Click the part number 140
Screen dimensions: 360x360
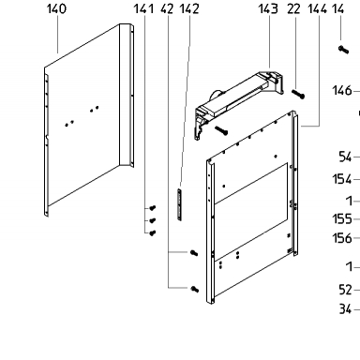[x=56, y=8]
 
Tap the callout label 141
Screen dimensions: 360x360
[x=143, y=8]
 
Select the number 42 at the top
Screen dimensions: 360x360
[x=167, y=8]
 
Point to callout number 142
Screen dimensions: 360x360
[x=189, y=8]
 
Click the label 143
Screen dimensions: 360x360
[x=268, y=8]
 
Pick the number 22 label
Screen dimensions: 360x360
[x=293, y=8]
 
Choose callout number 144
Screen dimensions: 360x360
[x=317, y=8]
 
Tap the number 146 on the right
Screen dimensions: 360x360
[x=342, y=91]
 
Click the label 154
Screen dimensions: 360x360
[x=342, y=179]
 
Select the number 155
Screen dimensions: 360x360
[x=342, y=219]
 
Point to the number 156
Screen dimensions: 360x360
[x=342, y=238]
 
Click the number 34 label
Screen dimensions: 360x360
[x=345, y=309]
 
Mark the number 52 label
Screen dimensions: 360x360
[x=345, y=290]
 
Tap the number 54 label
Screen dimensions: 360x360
[x=345, y=157]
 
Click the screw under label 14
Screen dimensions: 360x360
[x=343, y=50]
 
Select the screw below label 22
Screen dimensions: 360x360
[x=298, y=95]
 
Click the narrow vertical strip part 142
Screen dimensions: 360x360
[x=179, y=204]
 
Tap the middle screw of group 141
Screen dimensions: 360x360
[x=152, y=220]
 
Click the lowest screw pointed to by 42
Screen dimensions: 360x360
[x=194, y=289]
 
